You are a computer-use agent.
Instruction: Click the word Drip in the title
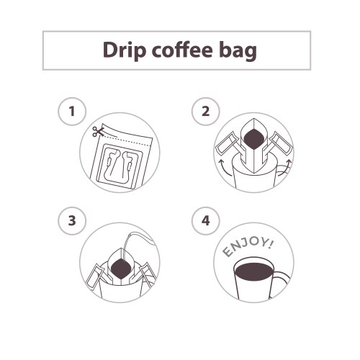tap(125, 51)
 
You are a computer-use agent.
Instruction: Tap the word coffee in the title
tap(182, 50)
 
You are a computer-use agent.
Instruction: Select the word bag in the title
tap(238, 51)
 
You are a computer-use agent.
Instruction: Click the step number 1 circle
tap(72, 112)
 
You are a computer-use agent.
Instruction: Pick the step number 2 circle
tap(206, 112)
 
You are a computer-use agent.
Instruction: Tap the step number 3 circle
tap(72, 221)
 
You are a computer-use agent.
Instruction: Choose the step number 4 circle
tap(206, 221)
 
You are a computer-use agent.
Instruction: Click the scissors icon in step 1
tap(98, 132)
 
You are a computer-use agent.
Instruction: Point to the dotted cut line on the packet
tap(127, 141)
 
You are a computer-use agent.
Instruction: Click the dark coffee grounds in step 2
tap(254, 140)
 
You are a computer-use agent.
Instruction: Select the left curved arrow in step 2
tap(225, 168)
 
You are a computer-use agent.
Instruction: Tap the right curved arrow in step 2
tap(285, 168)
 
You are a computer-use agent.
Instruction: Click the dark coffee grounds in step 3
tap(121, 269)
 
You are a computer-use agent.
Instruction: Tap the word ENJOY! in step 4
tap(247, 247)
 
